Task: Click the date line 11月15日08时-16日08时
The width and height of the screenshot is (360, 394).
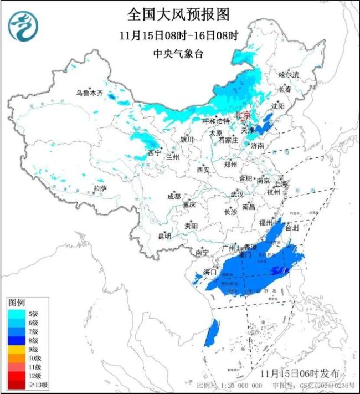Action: click(x=178, y=35)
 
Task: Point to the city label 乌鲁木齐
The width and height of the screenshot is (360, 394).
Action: click(x=90, y=93)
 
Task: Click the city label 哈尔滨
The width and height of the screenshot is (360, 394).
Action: click(x=288, y=74)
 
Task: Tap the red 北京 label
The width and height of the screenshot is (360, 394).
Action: click(x=243, y=115)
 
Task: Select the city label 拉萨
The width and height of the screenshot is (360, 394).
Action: click(x=100, y=189)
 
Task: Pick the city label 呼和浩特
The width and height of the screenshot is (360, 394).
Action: click(x=215, y=121)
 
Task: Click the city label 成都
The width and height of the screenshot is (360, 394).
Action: click(x=173, y=196)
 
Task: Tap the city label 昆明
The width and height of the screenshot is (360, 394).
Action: click(x=164, y=236)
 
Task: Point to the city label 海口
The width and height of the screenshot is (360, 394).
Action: click(x=209, y=272)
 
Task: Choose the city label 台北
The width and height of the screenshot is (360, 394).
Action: click(x=292, y=227)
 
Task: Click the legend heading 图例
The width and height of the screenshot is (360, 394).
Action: click(x=16, y=303)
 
